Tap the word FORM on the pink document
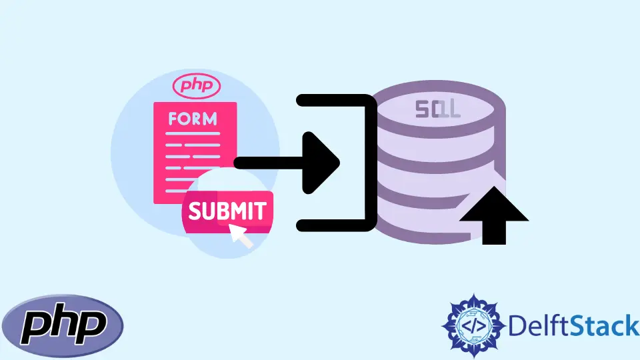tap(193, 119)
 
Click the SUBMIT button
tap(227, 211)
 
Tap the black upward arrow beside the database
tap(494, 215)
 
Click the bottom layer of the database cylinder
tap(427, 223)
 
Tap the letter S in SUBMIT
tap(195, 212)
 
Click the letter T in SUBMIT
tap(260, 211)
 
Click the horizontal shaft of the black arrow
tap(267, 162)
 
